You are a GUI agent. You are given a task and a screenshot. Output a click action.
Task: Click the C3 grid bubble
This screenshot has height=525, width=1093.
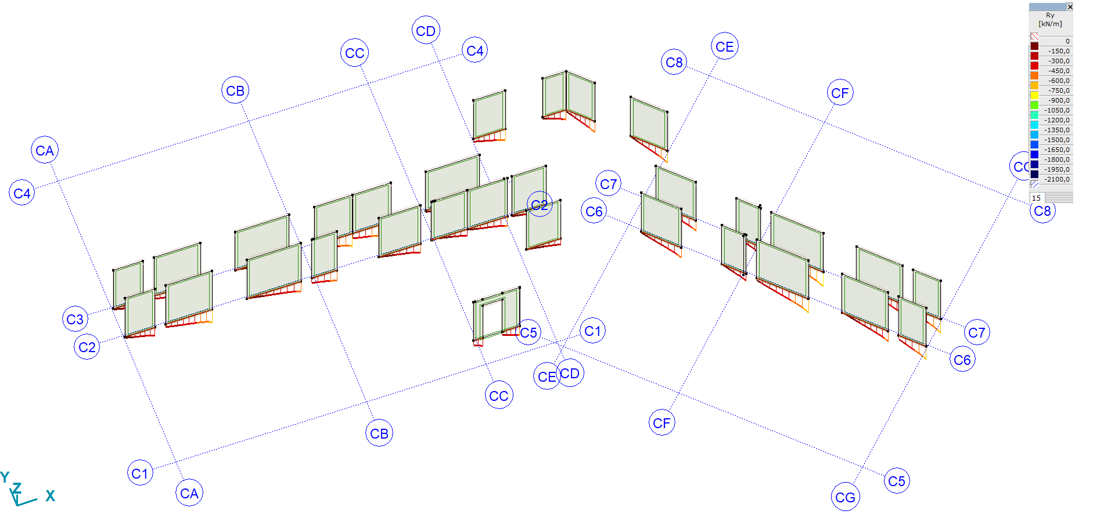[75, 319]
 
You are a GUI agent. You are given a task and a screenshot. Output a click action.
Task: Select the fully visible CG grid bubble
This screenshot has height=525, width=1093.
[845, 497]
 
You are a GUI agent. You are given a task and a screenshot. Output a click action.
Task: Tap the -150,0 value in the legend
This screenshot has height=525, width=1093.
[1059, 51]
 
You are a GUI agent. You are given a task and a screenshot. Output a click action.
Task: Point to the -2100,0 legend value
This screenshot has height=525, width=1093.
[1058, 179]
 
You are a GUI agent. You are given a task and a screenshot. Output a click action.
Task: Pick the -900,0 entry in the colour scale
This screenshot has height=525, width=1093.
[1059, 100]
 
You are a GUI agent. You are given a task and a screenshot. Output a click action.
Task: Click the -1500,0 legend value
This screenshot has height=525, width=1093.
[1058, 140]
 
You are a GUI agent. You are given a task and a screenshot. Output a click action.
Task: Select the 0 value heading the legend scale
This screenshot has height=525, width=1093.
[1067, 41]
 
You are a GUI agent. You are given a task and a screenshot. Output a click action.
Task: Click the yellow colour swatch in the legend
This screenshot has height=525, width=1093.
[1034, 95]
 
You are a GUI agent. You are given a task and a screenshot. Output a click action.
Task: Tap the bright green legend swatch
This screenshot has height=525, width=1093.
[1034, 105]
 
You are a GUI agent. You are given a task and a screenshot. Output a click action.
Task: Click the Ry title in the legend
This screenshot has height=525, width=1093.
[1050, 16]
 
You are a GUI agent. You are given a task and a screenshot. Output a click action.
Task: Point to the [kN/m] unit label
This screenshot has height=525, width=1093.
[1050, 24]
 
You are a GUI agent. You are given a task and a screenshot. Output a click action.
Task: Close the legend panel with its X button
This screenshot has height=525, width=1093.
[1070, 7]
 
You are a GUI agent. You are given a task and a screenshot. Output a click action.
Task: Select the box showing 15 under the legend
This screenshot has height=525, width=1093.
[1037, 198]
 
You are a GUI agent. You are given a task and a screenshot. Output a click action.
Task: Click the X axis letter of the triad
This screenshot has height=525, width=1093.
[51, 496]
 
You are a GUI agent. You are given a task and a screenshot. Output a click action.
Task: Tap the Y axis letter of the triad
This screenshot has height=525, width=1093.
[5, 477]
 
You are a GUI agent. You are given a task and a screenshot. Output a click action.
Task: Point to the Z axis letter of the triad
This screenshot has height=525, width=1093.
[17, 488]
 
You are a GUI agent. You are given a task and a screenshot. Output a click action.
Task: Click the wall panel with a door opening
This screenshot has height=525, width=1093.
[496, 315]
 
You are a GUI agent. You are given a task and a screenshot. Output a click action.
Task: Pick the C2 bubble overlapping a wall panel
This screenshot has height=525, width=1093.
[540, 204]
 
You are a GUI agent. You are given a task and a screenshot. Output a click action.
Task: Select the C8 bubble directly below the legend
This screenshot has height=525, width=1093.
[1042, 211]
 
